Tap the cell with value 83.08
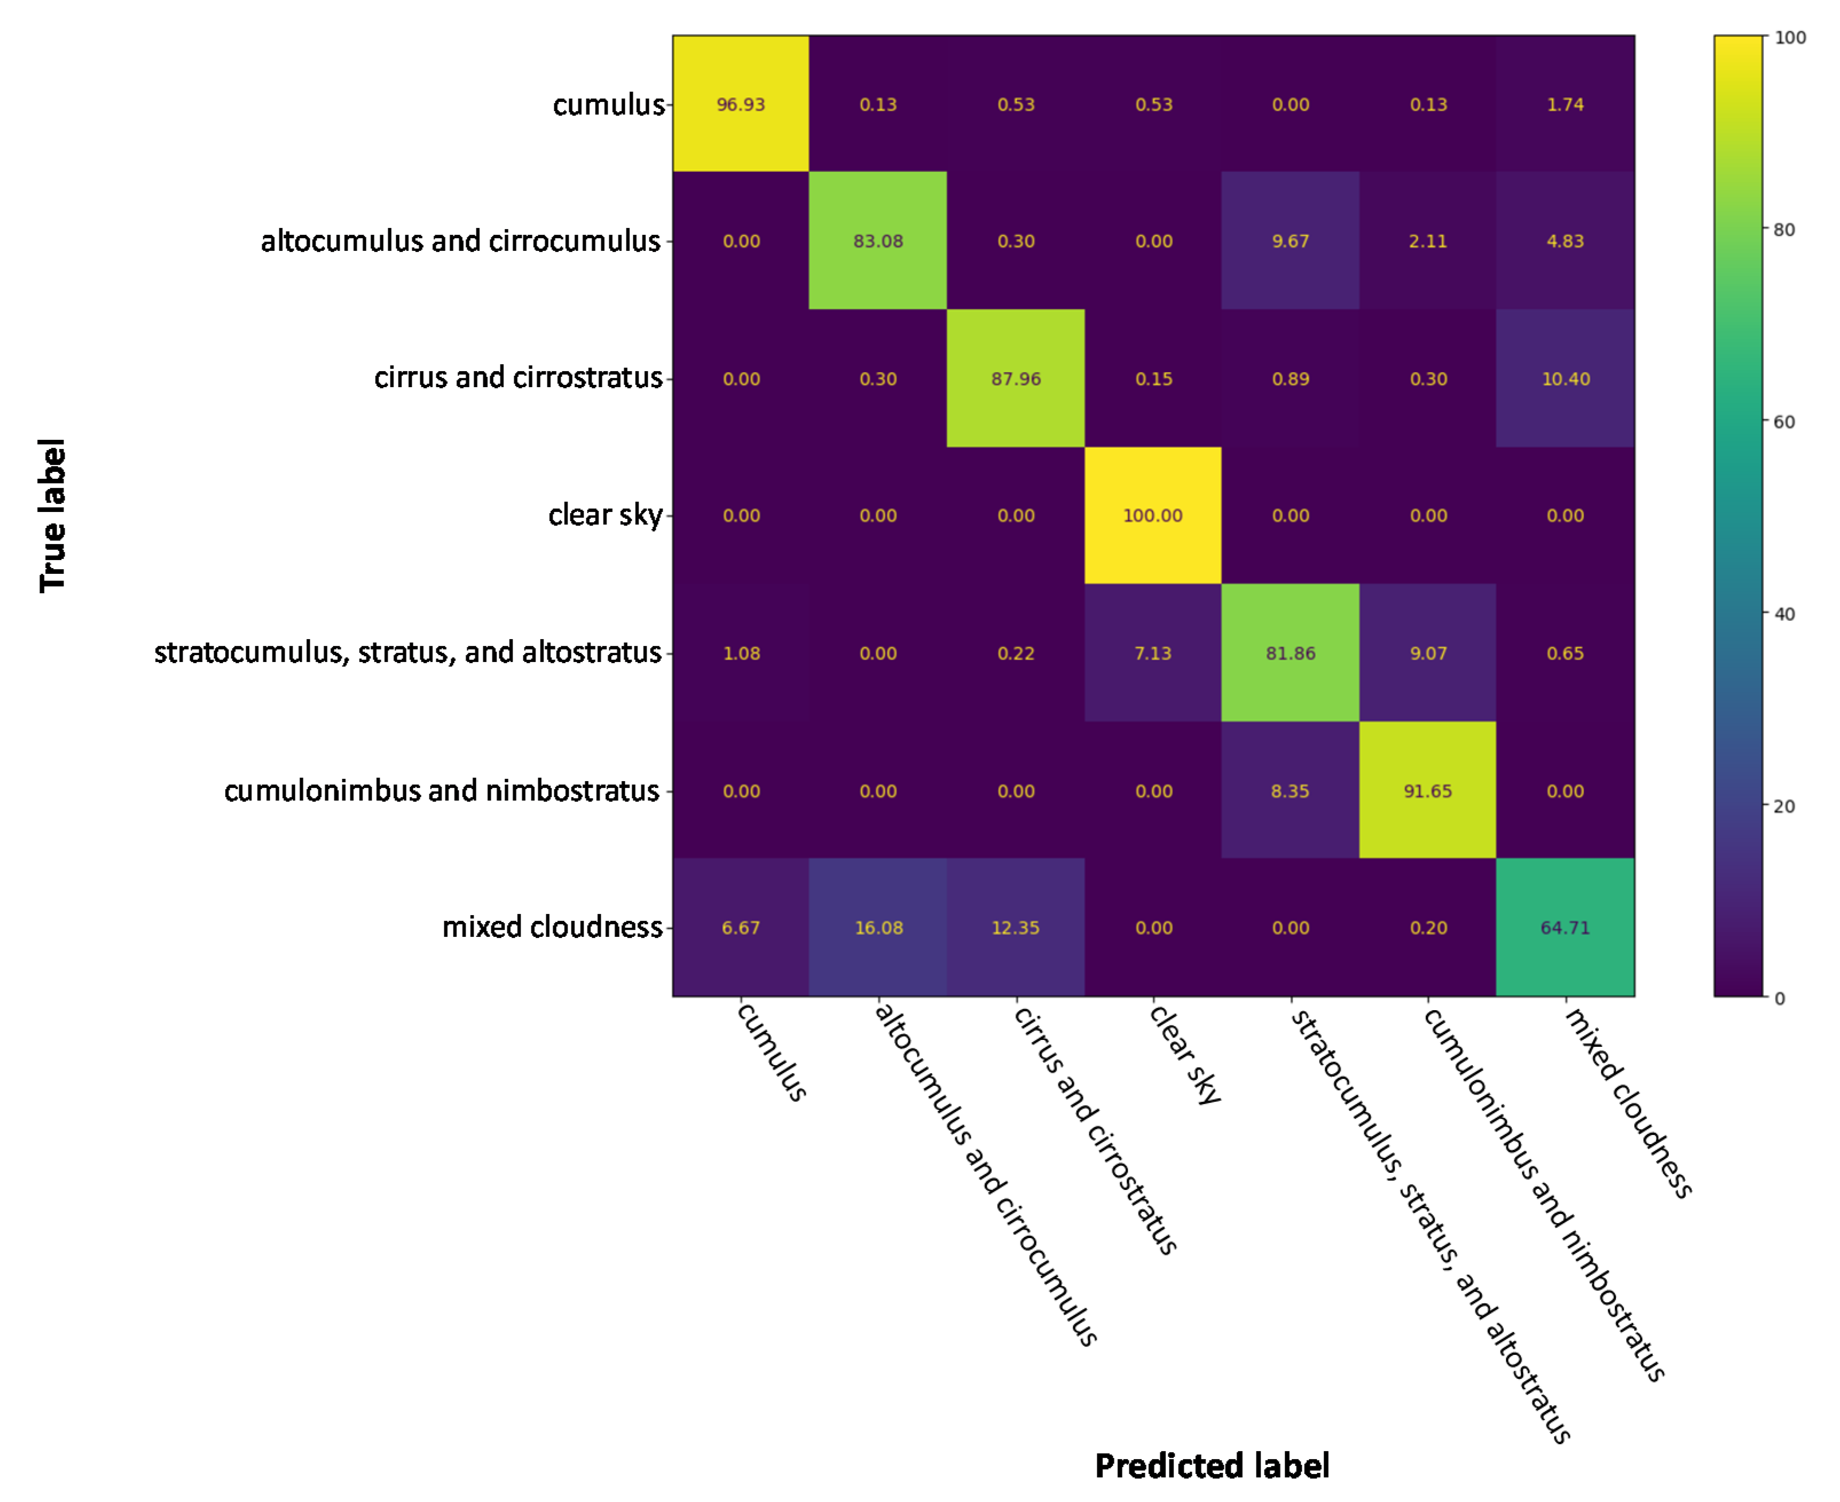click(x=878, y=242)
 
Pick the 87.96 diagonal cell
click(x=1015, y=379)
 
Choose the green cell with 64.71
click(x=1565, y=928)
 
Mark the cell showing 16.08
click(x=878, y=928)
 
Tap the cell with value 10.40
click(x=1565, y=379)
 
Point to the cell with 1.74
click(x=1565, y=105)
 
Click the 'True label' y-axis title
click(x=53, y=516)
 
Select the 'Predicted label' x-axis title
click(x=1211, y=1466)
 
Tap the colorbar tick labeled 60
click(x=1784, y=422)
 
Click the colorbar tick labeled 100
click(x=1789, y=38)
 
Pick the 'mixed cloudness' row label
click(x=552, y=927)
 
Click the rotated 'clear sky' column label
click(x=1183, y=1054)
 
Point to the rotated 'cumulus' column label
click(x=771, y=1051)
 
